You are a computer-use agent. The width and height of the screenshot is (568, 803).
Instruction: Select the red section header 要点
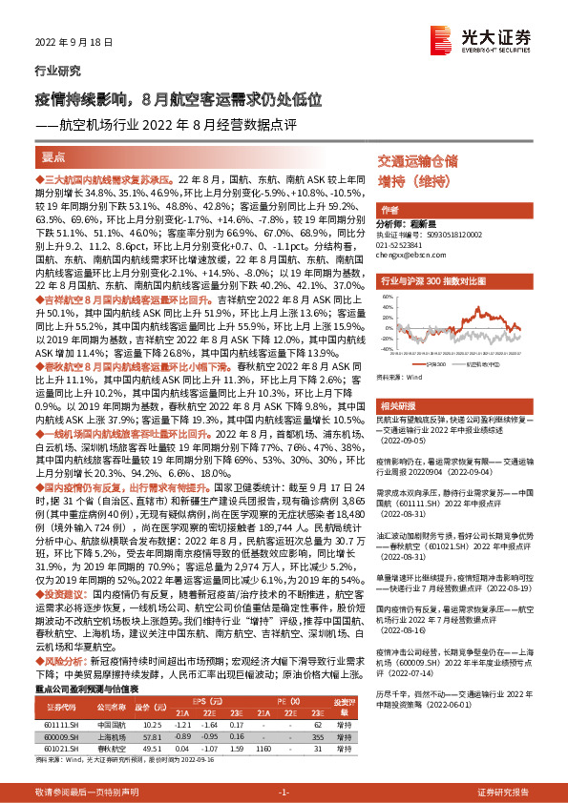point(54,156)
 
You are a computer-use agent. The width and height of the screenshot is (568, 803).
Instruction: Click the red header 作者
point(389,209)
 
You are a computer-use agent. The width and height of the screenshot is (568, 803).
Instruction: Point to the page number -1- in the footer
point(284,792)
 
